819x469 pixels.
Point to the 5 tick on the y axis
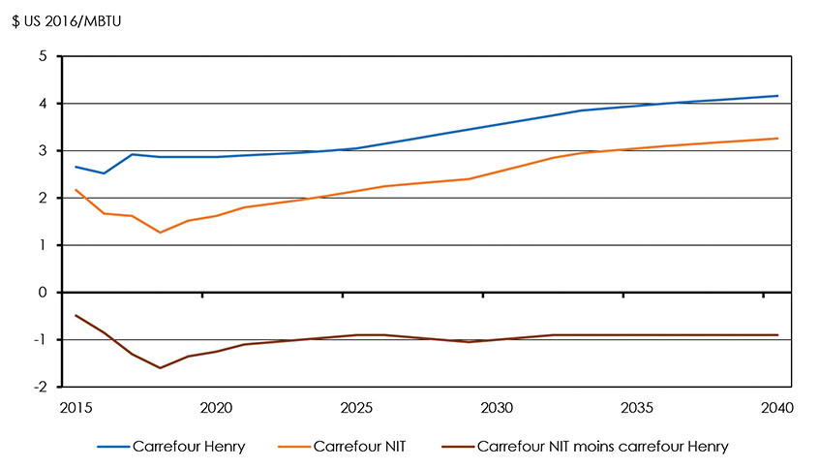point(42,56)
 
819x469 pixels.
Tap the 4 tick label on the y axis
point(42,104)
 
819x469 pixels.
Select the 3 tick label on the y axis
point(42,151)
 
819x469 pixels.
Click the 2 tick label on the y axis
point(42,199)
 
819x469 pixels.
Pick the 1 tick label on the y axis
point(42,245)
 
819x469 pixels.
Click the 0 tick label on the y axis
point(42,293)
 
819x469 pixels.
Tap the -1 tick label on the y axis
point(40,340)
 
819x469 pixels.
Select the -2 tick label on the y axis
point(40,387)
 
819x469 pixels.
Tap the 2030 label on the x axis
point(498,408)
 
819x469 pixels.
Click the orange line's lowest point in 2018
point(161,233)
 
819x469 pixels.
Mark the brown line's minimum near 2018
point(161,368)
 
